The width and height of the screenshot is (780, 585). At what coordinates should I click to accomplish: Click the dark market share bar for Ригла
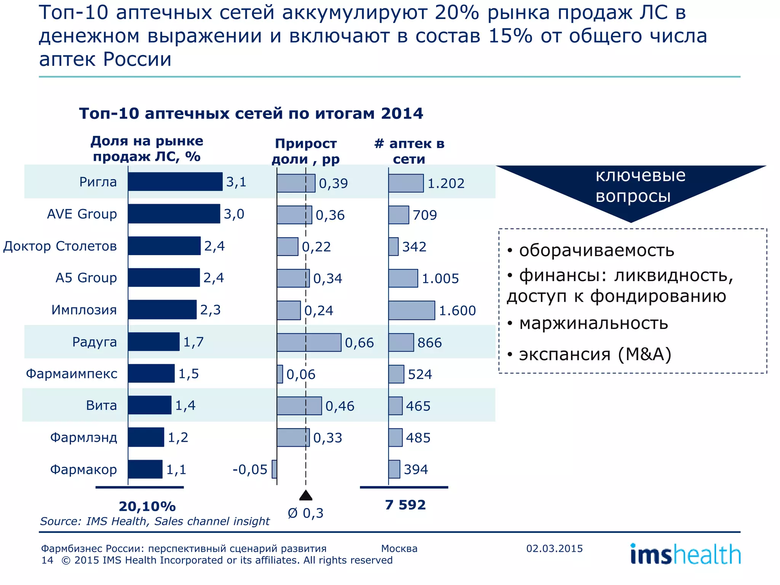[175, 182]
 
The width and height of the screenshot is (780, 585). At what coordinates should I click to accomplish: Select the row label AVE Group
[82, 214]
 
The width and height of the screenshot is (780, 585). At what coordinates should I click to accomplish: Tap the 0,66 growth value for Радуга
[359, 343]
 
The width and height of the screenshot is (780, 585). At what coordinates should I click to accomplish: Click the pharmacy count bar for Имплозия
[411, 310]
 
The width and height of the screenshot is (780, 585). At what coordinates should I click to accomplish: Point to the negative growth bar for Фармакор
[274, 469]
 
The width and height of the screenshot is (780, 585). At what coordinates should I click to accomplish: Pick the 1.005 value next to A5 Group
[440, 278]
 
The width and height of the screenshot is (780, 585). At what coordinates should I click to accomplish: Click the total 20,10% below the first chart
[147, 506]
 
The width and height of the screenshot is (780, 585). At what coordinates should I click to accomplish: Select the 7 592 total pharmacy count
[405, 505]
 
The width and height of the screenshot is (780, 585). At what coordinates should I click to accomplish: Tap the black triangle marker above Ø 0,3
[306, 495]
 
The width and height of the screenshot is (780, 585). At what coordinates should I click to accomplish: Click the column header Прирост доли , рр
[306, 151]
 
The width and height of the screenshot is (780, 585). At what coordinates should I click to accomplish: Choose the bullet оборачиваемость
[596, 251]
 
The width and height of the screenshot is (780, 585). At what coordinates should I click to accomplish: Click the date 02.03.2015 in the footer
[555, 548]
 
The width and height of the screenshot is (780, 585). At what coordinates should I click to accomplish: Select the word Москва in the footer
[399, 548]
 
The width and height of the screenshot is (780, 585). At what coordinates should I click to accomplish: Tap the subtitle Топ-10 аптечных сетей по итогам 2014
[251, 113]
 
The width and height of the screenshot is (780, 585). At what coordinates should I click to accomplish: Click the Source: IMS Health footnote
[155, 521]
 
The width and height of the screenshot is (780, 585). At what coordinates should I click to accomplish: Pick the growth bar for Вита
[299, 406]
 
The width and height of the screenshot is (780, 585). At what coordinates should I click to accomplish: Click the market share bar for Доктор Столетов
[164, 246]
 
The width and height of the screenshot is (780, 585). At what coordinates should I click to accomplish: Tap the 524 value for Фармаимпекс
[420, 374]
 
